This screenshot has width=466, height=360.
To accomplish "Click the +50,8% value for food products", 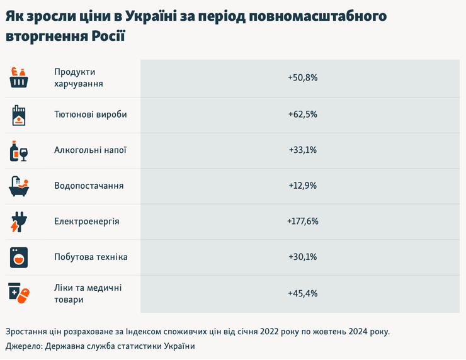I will point(302,78).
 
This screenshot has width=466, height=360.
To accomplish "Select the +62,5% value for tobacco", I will point(302,115).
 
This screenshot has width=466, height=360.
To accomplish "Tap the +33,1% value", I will point(302,150).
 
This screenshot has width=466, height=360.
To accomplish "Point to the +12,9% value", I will point(302,186).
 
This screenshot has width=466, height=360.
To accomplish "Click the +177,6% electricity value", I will point(302,222).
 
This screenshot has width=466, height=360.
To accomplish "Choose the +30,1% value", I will point(302,257).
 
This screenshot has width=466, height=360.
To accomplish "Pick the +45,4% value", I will point(302,293).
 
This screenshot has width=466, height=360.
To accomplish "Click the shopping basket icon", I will point(19,78).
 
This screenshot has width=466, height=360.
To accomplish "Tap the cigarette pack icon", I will point(19,115).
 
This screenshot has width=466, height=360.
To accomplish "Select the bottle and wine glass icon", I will point(19,151).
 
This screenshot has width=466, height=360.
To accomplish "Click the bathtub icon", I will point(19,186).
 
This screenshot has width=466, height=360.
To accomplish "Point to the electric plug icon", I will point(18,222).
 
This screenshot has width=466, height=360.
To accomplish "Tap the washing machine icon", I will point(19,257).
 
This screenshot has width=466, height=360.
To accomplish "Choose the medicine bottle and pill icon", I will point(19,293).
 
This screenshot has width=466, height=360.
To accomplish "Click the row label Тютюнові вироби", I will point(90,115).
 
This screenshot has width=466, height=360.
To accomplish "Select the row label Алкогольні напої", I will point(90,150).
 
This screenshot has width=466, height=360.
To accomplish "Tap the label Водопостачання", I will point(89,186).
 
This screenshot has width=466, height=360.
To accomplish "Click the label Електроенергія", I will point(87,222).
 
